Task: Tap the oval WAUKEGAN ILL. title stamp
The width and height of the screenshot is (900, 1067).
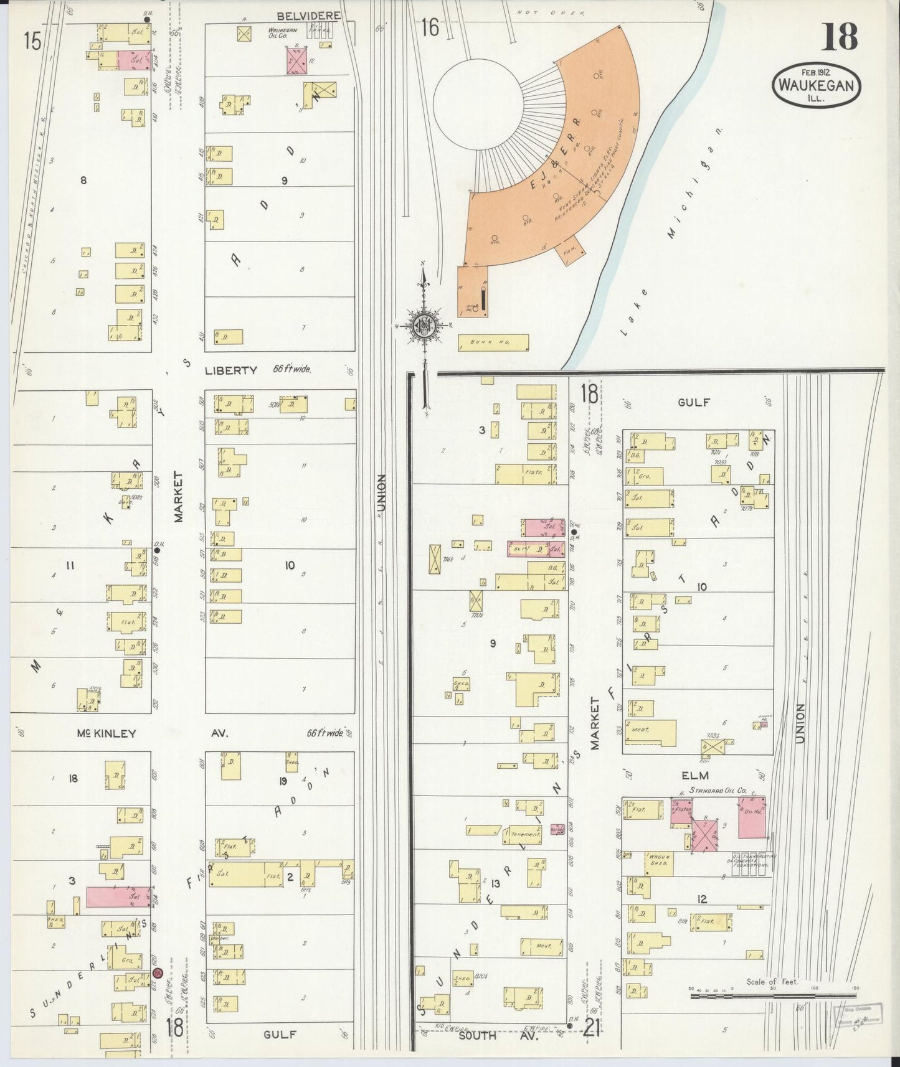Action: click(817, 86)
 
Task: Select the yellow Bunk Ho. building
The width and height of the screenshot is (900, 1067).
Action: click(493, 342)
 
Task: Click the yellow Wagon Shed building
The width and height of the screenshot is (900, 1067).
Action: click(659, 863)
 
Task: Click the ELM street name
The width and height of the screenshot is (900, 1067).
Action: click(695, 775)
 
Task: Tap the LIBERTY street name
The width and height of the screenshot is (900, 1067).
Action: click(230, 370)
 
